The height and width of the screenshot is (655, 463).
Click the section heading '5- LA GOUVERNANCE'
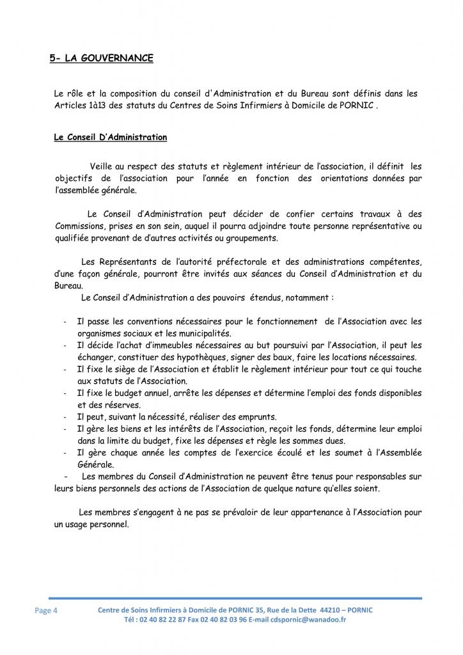(101, 58)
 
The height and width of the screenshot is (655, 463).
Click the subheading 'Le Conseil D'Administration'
(110, 138)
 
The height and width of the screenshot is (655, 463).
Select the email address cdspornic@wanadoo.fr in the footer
(308, 620)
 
